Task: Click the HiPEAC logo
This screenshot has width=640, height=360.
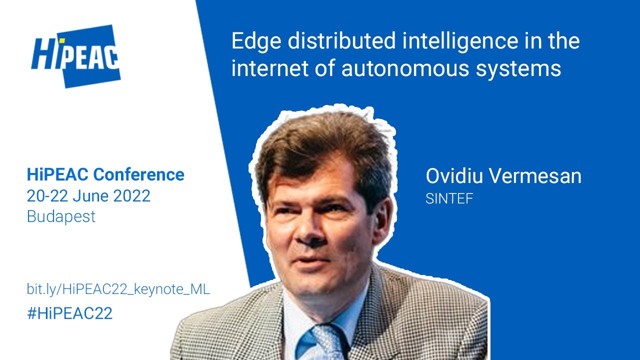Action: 75,56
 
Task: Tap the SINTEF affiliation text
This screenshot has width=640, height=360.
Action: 449,198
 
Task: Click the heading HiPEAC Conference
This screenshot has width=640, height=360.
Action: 105,174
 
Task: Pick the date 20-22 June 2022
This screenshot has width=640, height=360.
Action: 88,195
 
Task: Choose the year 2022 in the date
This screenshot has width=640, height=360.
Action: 131,195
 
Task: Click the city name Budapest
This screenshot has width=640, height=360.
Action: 61,216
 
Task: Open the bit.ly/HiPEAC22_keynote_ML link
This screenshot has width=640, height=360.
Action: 118,289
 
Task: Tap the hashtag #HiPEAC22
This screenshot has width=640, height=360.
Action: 69,313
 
